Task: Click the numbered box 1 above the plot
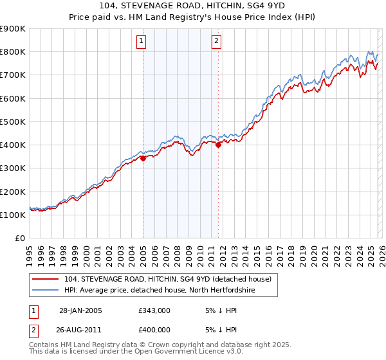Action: point(141,42)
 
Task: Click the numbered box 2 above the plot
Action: point(216,42)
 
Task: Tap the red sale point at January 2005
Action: point(143,159)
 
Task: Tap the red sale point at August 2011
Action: point(218,145)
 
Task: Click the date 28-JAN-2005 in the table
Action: point(80,310)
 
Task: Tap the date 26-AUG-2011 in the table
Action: point(80,330)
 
